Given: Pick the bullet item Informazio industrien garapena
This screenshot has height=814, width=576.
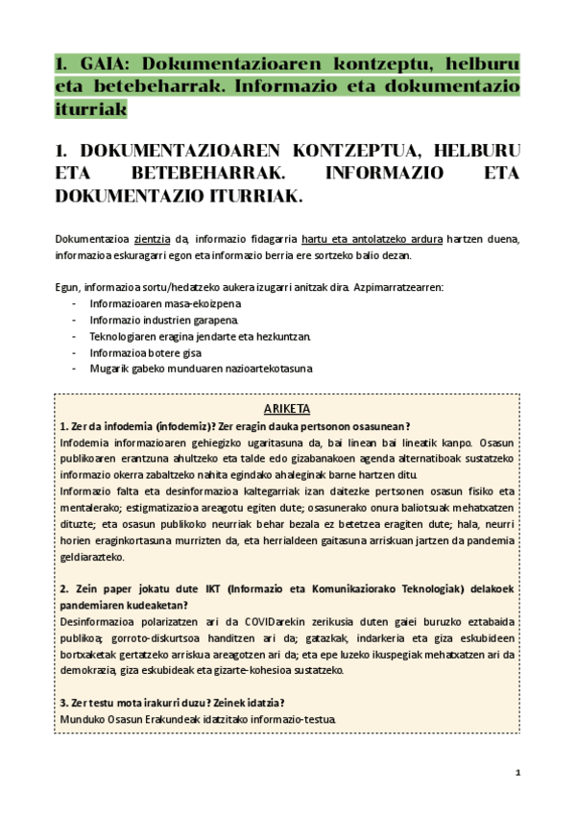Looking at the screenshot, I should click(x=159, y=320).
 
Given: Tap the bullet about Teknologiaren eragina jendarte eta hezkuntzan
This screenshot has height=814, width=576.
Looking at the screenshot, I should click(x=200, y=336).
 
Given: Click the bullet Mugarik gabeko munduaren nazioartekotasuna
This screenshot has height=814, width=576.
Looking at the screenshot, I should click(x=201, y=369).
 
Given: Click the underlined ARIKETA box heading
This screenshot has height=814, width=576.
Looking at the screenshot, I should click(x=287, y=409).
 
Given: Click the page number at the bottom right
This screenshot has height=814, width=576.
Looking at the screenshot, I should click(x=517, y=772).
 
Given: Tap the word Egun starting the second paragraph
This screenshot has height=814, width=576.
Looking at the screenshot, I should click(x=66, y=287).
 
